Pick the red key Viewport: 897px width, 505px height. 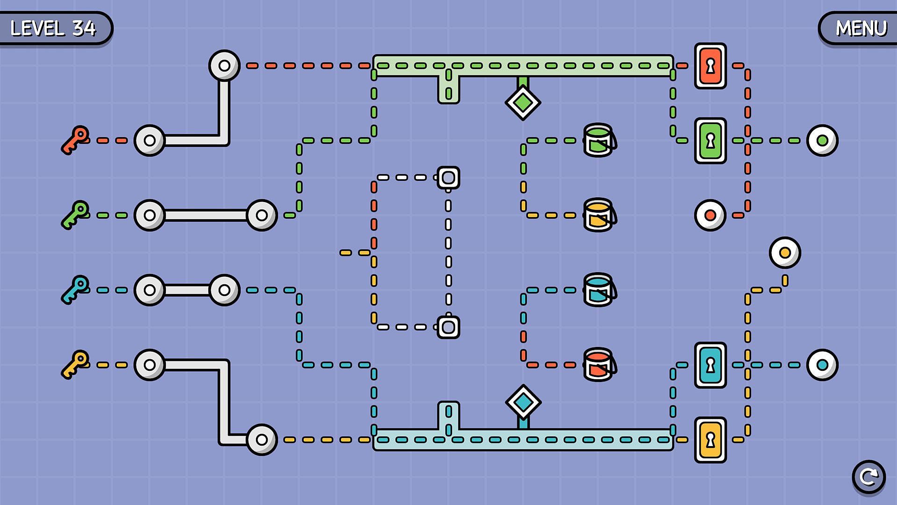75,140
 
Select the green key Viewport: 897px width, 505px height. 75,215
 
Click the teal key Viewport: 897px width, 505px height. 75,289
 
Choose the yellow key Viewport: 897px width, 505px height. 75,364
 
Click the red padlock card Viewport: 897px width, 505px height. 710,66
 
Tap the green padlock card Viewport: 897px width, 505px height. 710,140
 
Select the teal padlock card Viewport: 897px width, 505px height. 710,365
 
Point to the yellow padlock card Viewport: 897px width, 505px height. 710,440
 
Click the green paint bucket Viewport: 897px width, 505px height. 599,140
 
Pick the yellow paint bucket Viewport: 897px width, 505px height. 599,215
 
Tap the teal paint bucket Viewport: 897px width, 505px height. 599,290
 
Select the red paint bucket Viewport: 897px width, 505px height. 599,365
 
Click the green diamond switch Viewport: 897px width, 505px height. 523,102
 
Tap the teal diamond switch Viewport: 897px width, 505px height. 523,402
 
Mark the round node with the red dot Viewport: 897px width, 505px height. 710,215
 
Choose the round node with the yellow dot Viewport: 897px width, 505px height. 785,252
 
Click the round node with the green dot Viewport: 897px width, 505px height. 822,140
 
